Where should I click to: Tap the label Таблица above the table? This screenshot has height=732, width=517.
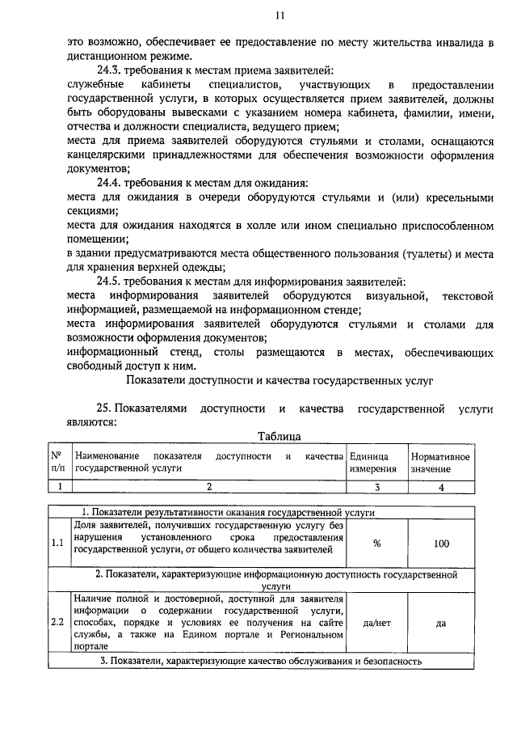[x=280, y=436]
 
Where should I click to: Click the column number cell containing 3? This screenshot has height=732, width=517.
[x=376, y=486]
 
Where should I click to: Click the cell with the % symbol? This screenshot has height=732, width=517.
[x=376, y=544]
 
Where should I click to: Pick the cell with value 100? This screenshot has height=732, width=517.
[x=441, y=544]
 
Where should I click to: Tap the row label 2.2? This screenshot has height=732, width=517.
[x=57, y=624]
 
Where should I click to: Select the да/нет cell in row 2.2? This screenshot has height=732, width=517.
[x=376, y=624]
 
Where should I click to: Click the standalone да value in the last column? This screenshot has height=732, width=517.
[x=441, y=624]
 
